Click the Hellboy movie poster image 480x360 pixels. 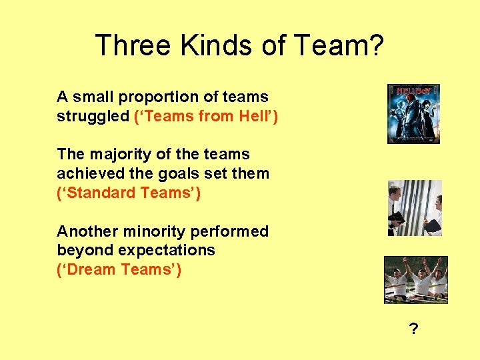pos(414,114)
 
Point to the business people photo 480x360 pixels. pos(415,207)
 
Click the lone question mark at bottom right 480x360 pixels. pos(413,329)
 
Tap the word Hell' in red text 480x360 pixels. pos(258,116)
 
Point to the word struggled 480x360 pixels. pos(93,116)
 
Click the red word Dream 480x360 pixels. pos(90,270)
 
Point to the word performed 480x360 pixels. pos(229,231)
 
